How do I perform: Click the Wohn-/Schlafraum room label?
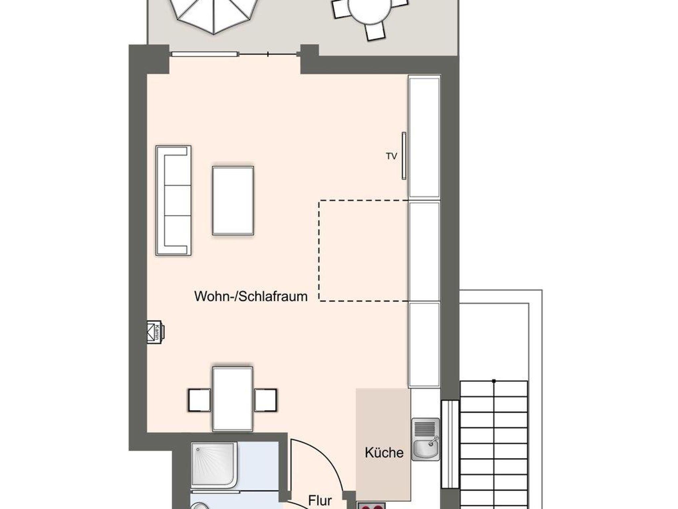(x=251, y=296)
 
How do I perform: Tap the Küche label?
(x=384, y=452)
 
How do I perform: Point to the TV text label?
(x=391, y=156)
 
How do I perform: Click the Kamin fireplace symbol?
(x=155, y=332)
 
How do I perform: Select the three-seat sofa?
(x=173, y=201)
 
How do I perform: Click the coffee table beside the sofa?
(x=233, y=201)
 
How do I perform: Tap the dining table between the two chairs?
(x=233, y=399)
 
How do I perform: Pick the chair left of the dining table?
(x=199, y=400)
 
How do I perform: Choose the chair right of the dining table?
(x=266, y=400)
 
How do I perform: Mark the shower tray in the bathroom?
(x=214, y=465)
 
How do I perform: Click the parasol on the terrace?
(x=214, y=13)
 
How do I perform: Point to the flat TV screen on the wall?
(x=404, y=156)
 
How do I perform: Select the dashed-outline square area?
(x=363, y=251)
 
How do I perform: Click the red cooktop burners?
(x=371, y=506)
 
